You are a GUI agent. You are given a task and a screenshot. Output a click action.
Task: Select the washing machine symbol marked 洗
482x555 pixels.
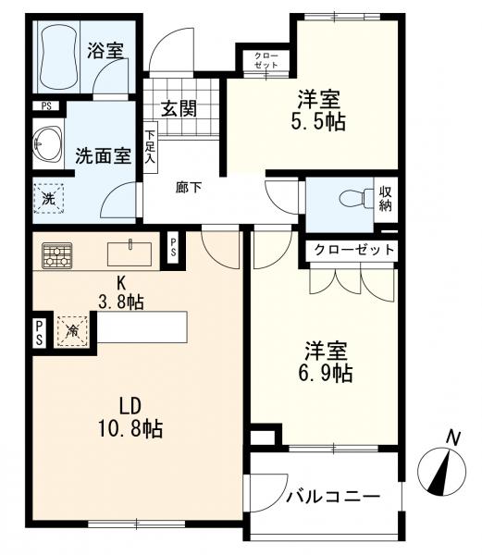point(49,199)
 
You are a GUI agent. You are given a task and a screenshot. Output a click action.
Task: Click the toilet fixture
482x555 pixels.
point(355,198)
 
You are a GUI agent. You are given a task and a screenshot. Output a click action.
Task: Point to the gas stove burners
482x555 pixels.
point(57,255)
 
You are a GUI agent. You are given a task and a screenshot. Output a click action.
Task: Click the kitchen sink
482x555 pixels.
point(130,253)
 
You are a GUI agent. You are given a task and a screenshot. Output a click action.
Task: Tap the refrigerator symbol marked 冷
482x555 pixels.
point(72,331)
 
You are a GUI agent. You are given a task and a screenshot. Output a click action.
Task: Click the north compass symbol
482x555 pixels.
point(441,467)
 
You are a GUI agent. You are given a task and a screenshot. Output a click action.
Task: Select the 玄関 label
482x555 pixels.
point(179,108)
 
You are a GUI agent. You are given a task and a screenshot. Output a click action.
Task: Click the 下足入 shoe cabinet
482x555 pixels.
point(151,147)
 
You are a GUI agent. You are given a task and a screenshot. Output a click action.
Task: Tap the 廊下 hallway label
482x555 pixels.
point(189,188)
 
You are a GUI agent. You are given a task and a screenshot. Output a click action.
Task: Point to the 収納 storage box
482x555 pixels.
point(386,199)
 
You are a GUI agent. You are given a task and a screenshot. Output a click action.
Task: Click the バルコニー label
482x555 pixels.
point(333,497)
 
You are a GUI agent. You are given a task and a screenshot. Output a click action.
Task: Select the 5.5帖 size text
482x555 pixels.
point(318,122)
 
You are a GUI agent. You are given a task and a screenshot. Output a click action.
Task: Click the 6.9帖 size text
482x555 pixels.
point(326,374)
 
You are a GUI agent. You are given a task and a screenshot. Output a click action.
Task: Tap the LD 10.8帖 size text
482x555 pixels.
point(130,418)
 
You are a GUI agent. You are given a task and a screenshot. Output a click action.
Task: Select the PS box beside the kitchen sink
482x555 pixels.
point(173,247)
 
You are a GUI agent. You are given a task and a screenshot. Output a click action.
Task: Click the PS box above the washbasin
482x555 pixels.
point(46,105)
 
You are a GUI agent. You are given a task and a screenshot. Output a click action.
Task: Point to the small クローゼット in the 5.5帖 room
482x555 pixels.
point(266,60)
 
